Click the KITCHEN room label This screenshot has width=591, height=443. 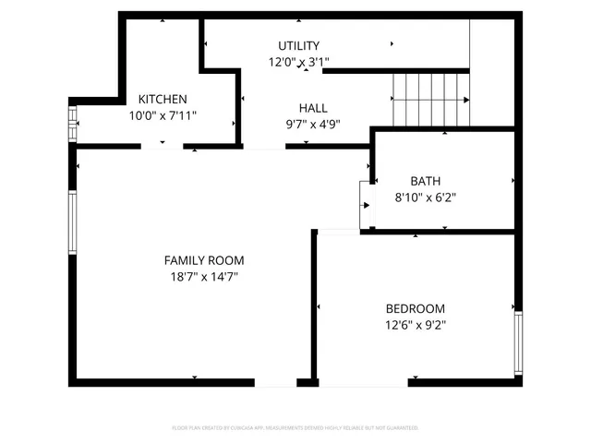click(x=163, y=100)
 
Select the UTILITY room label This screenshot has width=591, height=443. click(x=298, y=46)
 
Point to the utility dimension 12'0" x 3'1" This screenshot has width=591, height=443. click(x=298, y=62)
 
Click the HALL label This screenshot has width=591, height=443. click(x=312, y=108)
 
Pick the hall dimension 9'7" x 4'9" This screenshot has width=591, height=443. click(x=312, y=124)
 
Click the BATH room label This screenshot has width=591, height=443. click(x=426, y=181)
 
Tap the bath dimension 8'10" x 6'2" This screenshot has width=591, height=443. click(x=426, y=197)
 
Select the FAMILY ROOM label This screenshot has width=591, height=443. click(x=204, y=260)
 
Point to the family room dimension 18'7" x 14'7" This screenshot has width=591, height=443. click(x=204, y=276)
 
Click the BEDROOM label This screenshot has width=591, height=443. click(x=415, y=308)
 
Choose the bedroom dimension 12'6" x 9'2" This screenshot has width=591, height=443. click(x=415, y=324)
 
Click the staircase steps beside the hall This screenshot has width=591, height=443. click(x=430, y=97)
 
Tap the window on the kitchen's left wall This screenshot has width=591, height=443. click(x=72, y=123)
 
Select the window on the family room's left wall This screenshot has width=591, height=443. click(x=72, y=222)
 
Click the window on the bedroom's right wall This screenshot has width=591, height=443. click(x=518, y=341)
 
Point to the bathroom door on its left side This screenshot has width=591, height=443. click(x=366, y=205)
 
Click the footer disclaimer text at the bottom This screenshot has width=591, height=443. click(x=295, y=428)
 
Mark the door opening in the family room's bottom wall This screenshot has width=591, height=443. click(x=274, y=382)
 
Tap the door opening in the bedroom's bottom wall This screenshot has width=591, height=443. click(x=362, y=382)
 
